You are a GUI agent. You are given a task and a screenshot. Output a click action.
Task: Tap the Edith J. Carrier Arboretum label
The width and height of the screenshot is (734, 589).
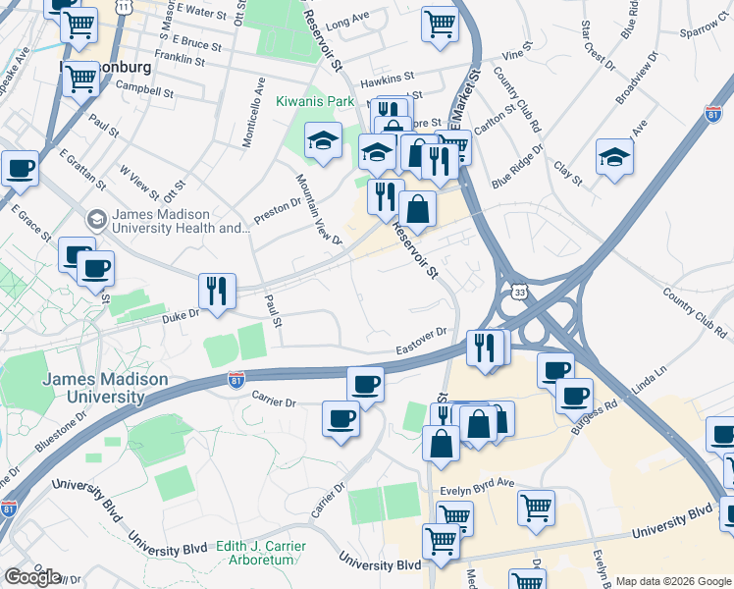point(239,553)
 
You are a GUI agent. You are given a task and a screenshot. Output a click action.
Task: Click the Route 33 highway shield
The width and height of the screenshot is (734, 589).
point(519,291)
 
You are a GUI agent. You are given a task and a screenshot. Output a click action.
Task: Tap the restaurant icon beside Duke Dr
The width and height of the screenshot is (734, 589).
point(217,291)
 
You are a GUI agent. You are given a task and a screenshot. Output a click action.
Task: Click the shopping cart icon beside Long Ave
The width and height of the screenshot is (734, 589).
point(441,23)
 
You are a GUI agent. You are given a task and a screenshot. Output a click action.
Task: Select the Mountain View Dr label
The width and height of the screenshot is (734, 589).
point(320,210)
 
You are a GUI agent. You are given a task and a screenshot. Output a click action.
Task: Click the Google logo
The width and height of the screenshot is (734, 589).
point(32,576)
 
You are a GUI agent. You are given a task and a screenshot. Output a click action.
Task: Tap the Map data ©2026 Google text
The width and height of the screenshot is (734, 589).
point(672,581)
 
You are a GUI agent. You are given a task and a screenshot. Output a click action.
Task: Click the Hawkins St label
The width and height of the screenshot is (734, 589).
point(388,75)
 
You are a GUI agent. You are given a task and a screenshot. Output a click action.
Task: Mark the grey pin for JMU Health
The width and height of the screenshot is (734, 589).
point(96,219)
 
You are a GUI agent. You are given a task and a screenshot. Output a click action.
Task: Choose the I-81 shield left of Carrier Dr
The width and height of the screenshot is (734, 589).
point(236,380)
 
